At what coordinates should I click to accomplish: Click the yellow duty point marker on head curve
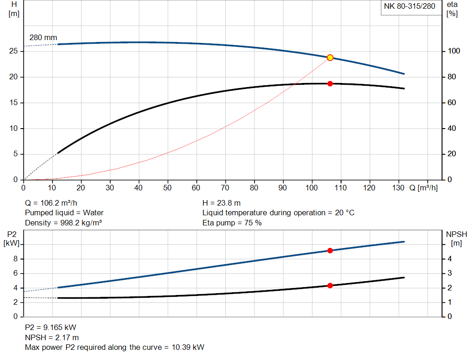(x=330, y=58)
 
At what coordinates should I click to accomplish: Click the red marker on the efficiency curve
(x=330, y=83)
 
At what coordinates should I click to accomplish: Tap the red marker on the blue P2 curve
(x=330, y=250)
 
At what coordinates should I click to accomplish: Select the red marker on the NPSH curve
(x=330, y=286)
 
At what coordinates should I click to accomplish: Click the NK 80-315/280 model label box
(x=409, y=6)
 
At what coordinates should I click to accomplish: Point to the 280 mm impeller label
(x=43, y=37)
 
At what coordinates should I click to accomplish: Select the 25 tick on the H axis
(x=14, y=51)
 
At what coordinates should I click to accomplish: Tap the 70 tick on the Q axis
(x=225, y=188)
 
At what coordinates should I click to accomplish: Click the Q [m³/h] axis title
(x=423, y=188)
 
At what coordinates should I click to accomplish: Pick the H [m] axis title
(x=14, y=9)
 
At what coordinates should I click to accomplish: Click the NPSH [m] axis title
(x=456, y=238)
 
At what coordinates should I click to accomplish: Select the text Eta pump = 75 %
(x=232, y=223)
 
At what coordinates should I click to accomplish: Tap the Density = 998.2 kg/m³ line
(x=63, y=223)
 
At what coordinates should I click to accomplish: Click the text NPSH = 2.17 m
(x=52, y=337)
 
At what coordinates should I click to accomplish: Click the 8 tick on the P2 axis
(x=15, y=259)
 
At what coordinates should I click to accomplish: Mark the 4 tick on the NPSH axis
(x=450, y=259)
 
